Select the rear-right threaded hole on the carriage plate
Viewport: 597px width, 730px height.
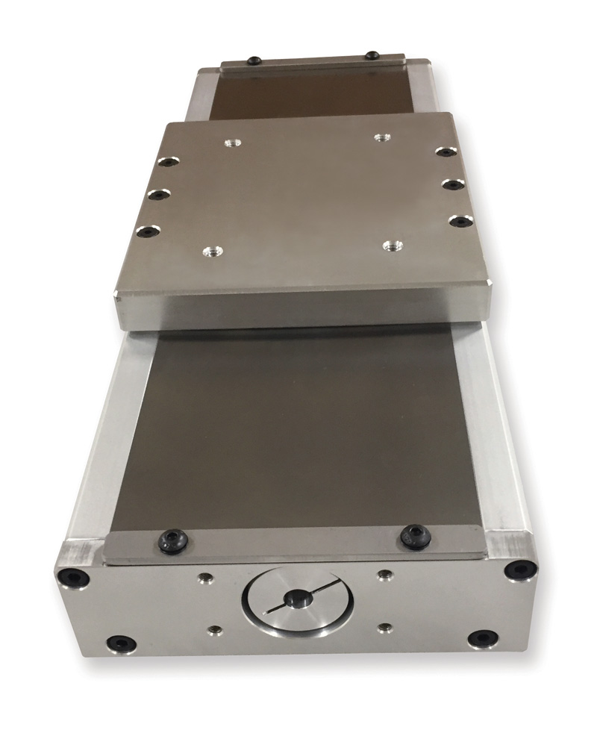pos(383,138)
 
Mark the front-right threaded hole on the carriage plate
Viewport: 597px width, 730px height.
pos(392,246)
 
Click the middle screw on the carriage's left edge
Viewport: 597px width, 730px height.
pos(157,194)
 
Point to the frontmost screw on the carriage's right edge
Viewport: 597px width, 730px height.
pos(460,220)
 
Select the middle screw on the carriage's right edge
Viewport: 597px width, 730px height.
pos(451,183)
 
